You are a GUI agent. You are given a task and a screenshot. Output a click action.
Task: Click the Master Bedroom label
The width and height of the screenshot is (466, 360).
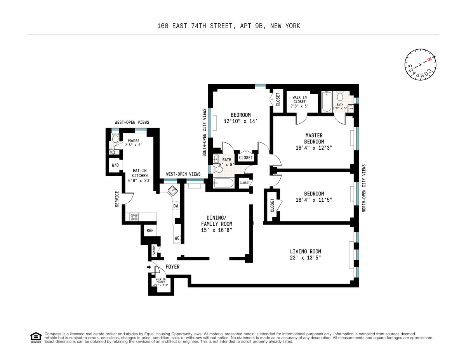(314, 142)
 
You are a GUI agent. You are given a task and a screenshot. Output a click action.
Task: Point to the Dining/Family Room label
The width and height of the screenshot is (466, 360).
(216, 224)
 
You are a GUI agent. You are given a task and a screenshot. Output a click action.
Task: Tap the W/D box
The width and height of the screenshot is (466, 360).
(115, 165)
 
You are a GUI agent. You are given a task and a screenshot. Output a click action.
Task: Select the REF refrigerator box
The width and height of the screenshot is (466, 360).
(150, 230)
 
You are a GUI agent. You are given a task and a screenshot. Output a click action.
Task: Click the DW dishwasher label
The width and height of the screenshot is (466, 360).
(176, 206)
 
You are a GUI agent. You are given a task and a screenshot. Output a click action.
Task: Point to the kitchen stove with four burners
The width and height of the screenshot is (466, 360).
(134, 217)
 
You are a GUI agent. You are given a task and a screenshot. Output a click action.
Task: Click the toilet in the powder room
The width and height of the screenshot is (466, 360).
(115, 138)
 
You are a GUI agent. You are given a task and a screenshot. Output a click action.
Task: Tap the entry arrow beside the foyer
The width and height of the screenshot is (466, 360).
(149, 267)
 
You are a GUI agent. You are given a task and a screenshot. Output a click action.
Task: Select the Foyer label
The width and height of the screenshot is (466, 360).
(172, 267)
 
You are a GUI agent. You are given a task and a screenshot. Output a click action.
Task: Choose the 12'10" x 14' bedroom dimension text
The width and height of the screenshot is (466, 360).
(241, 121)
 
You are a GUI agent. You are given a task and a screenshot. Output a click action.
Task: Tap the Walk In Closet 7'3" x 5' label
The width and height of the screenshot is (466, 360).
(299, 102)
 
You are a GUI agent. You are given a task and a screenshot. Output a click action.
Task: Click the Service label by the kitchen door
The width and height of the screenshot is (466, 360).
(116, 198)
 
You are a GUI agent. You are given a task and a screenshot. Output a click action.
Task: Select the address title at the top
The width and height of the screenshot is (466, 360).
(229, 26)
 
